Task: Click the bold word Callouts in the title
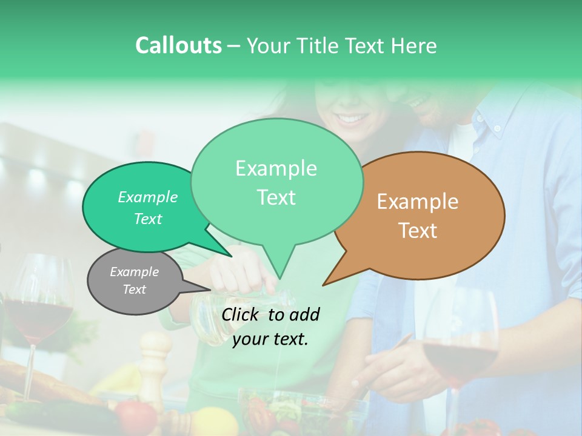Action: [178, 45]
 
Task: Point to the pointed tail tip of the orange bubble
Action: [324, 284]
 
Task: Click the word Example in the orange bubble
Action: [418, 201]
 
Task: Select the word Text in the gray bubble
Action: [135, 289]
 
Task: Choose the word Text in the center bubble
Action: [276, 197]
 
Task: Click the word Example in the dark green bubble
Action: [148, 197]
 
